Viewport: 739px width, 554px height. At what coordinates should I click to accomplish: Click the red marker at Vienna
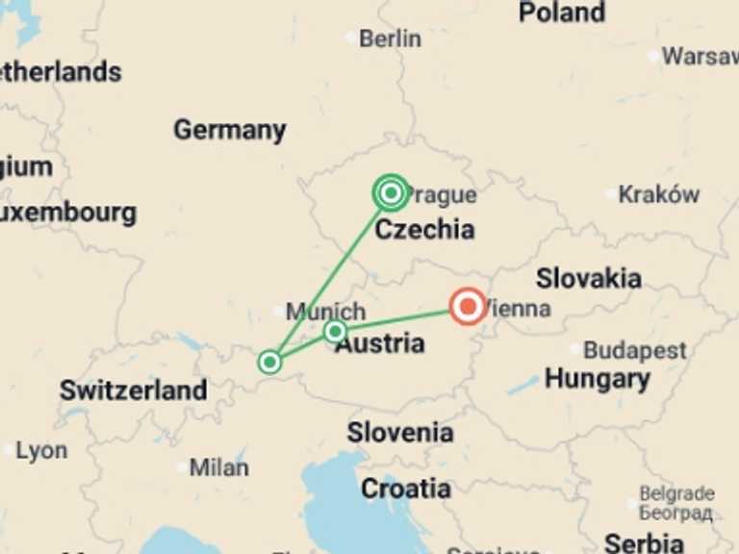[468, 307]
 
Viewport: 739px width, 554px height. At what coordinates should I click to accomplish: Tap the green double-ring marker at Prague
[391, 193]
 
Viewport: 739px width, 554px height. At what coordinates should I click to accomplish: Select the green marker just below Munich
[335, 332]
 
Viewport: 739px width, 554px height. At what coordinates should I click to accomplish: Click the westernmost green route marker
[270, 363]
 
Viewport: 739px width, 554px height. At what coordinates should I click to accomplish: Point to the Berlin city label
[390, 38]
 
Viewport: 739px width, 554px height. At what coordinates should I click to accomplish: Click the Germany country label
[229, 130]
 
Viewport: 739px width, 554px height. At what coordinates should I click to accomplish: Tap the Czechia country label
[424, 229]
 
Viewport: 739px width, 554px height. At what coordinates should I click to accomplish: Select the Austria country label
[380, 343]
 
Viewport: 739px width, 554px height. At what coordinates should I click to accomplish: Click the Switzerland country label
[133, 390]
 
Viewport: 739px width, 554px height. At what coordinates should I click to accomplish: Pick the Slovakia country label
[588, 279]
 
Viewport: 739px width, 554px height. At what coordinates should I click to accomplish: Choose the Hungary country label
[597, 379]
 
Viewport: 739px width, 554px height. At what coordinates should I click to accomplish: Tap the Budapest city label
[635, 350]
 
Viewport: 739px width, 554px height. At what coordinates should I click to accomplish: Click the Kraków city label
[659, 194]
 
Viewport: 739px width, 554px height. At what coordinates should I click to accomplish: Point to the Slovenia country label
[399, 433]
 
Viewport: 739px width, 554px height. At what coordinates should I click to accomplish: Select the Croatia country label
[405, 489]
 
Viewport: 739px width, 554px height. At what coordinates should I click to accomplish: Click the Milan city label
[218, 467]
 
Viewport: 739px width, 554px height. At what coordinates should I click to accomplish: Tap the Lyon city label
[41, 450]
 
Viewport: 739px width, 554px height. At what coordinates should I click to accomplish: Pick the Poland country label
[561, 13]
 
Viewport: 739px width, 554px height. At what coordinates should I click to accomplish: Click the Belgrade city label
[676, 494]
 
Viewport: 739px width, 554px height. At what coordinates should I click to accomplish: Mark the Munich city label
[326, 312]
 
